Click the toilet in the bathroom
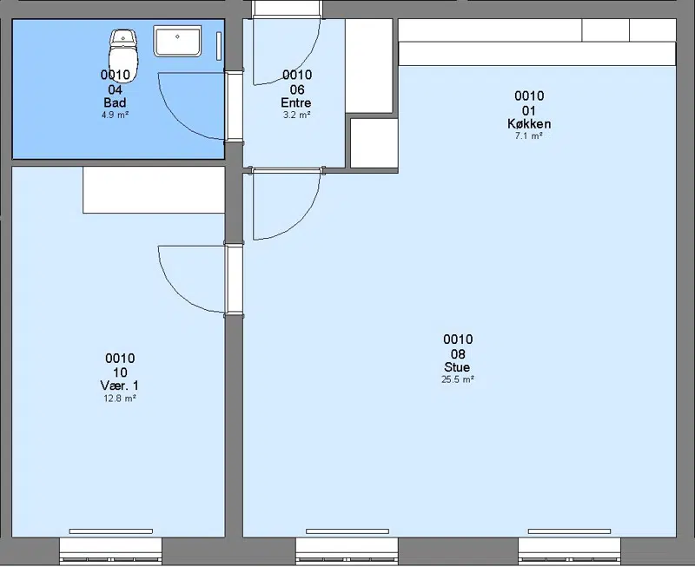[x=123, y=55]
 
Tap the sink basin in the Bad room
[x=177, y=41]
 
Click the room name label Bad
[x=115, y=102]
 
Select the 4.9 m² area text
[x=115, y=115]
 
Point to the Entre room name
[x=296, y=102]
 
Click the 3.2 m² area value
[x=296, y=115]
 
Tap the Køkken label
[x=529, y=123]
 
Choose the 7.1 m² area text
[x=529, y=136]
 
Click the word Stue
[x=457, y=367]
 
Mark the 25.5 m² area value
[x=458, y=379]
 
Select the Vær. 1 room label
[x=120, y=386]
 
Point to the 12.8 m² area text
[x=120, y=399]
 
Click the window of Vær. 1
[x=111, y=551]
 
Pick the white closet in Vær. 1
[x=154, y=190]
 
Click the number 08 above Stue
[x=458, y=354]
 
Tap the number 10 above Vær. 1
[x=120, y=373]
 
